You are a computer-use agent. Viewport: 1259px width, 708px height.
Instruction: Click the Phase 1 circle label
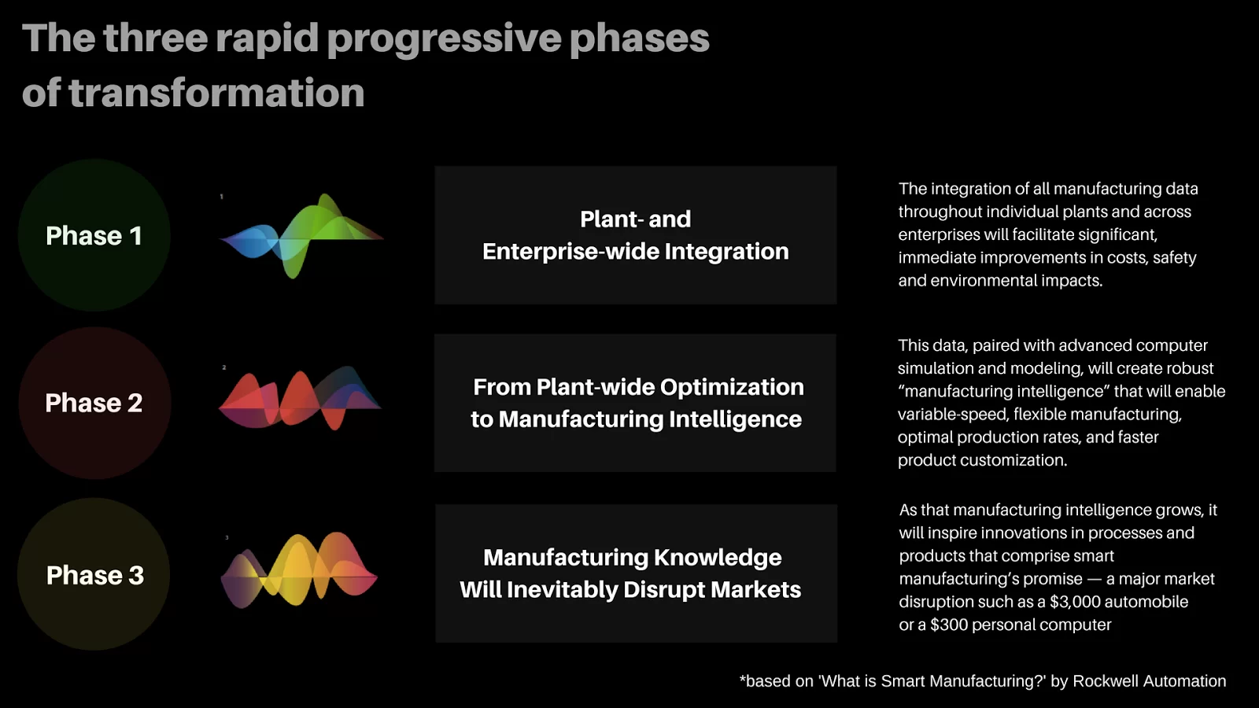94,235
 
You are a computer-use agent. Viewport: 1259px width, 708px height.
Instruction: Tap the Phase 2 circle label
94,403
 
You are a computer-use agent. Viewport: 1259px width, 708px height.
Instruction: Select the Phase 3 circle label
95,575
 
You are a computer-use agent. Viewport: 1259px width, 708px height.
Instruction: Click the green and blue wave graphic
301,236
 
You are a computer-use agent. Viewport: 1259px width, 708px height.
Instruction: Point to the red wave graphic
300,398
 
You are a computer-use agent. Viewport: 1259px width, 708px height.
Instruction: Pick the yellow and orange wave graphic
298,570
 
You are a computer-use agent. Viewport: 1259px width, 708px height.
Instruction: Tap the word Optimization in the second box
732,388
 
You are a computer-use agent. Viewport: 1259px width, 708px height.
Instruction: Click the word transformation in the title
216,93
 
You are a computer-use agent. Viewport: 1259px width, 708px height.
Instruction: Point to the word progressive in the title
444,39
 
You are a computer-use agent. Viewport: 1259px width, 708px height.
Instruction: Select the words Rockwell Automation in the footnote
1150,681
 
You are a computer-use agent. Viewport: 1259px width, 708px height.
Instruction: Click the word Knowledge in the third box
718,558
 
